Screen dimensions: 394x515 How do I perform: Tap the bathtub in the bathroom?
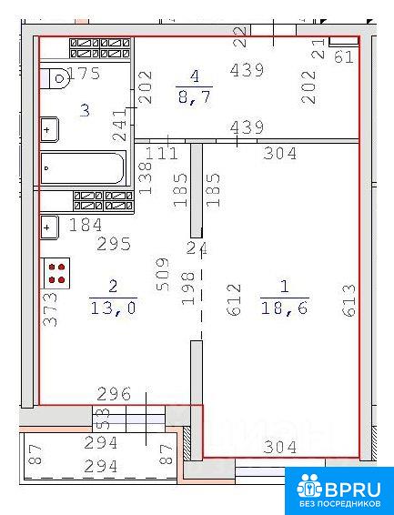[x=83, y=168]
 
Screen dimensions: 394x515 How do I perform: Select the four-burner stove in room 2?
[x=56, y=273]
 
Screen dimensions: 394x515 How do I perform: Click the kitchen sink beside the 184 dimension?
[x=49, y=227]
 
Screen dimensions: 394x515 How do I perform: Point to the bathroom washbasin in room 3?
[x=49, y=129]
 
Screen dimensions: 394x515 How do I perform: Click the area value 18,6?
[x=285, y=308]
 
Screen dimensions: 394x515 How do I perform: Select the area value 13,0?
[x=113, y=308]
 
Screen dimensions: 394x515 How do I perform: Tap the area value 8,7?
[x=195, y=97]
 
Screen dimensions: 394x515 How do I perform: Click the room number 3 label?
[x=85, y=111]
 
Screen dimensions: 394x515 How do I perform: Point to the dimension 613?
[x=349, y=300]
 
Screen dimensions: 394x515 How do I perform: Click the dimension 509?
[x=163, y=275]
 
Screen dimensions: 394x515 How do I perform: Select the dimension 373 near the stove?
[x=50, y=309]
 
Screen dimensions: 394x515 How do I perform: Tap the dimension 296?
[x=114, y=394]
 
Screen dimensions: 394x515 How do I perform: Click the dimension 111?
[x=161, y=154]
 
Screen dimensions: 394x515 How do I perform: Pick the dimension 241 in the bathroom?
[x=119, y=126]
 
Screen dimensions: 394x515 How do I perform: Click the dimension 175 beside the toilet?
[x=84, y=73]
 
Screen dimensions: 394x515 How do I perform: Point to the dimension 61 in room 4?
[x=344, y=57]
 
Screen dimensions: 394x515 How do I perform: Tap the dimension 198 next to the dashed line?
[x=188, y=288]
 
